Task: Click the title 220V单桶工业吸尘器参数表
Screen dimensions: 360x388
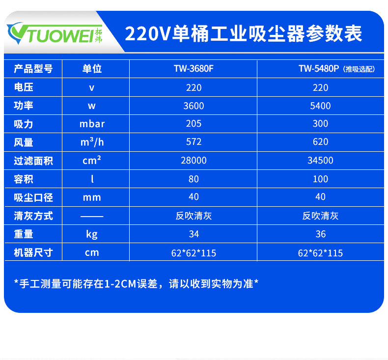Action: pyautogui.click(x=244, y=33)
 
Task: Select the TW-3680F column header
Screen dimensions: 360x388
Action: pyautogui.click(x=194, y=69)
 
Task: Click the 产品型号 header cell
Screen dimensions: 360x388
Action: pyautogui.click(x=33, y=69)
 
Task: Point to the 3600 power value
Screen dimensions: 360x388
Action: pyautogui.click(x=194, y=106)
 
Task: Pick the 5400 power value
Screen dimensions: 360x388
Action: pyautogui.click(x=320, y=106)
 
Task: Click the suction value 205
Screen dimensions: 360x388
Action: pyautogui.click(x=194, y=124)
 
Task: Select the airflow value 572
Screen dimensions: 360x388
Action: pyautogui.click(x=194, y=142)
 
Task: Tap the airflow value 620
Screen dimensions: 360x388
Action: pyautogui.click(x=320, y=142)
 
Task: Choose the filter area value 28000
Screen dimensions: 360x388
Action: pyautogui.click(x=194, y=161)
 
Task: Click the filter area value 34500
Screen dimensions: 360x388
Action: pyautogui.click(x=320, y=161)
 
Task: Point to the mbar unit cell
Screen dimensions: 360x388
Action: pyautogui.click(x=92, y=124)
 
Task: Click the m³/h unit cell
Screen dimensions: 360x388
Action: pyautogui.click(x=92, y=142)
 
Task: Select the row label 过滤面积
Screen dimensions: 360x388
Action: pyautogui.click(x=33, y=161)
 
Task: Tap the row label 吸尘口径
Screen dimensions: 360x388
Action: pyautogui.click(x=33, y=197)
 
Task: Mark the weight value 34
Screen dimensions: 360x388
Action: pyautogui.click(x=194, y=234)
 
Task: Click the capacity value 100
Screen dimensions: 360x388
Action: pyautogui.click(x=320, y=179)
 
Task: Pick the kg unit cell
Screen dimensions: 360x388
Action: pyautogui.click(x=92, y=234)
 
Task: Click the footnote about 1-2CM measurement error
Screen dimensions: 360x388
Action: pyautogui.click(x=136, y=283)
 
